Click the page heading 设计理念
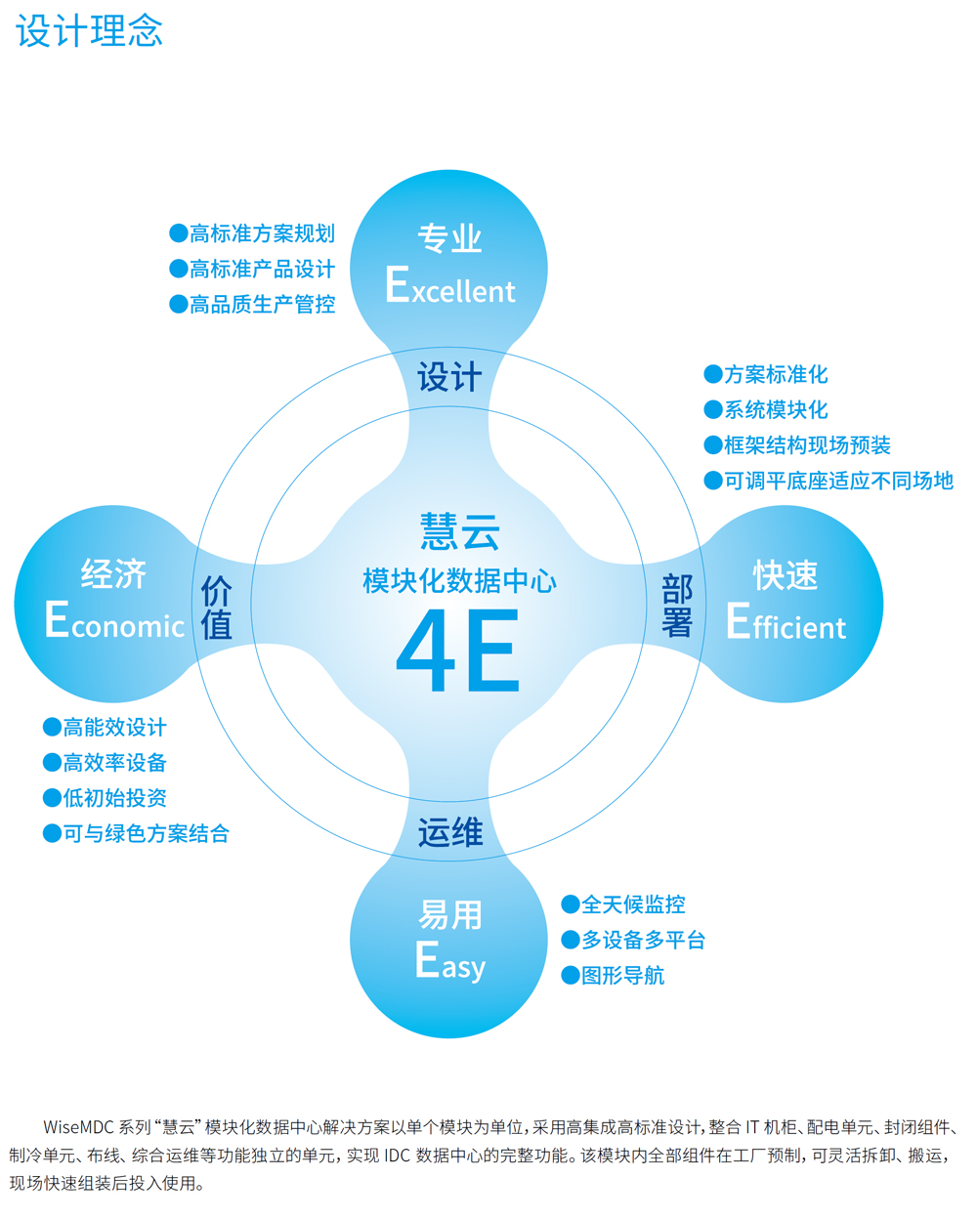point(89,31)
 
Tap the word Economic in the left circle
point(114,621)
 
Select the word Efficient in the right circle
point(786,622)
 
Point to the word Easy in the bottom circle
point(449,962)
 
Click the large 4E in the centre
point(457,652)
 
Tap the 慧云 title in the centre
point(459,532)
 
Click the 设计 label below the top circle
point(449,377)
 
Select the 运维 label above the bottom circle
point(449,832)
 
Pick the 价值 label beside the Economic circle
point(216,608)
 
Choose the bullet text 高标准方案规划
point(262,233)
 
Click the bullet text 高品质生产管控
point(262,305)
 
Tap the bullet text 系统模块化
point(776,410)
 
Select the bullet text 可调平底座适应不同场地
point(838,481)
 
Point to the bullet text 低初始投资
point(114,798)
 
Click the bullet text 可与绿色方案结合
point(146,833)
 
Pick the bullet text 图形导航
point(622,976)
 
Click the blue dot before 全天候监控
point(571,904)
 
